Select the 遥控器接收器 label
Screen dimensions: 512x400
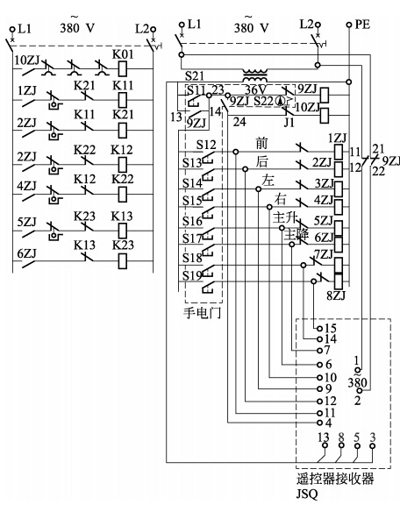(334, 479)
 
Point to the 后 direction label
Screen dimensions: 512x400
(262, 161)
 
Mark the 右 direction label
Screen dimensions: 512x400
(281, 200)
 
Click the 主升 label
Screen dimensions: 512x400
(284, 218)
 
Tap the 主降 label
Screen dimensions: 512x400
(296, 235)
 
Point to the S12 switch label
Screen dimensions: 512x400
(206, 145)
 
